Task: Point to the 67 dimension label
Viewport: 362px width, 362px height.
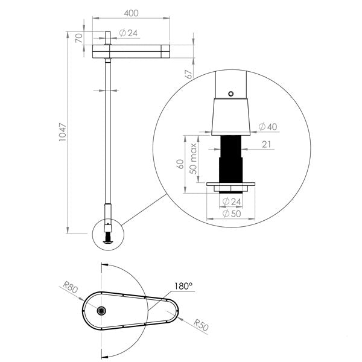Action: tap(189, 74)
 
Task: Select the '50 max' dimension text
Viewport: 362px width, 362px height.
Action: tap(194, 159)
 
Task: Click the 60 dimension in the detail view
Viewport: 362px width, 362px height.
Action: tap(180, 164)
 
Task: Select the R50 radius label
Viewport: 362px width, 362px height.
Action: tap(201, 326)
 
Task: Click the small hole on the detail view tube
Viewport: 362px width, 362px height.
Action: tap(230, 94)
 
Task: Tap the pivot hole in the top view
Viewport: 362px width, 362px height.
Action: tap(102, 310)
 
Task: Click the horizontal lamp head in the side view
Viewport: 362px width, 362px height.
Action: tap(131, 50)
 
